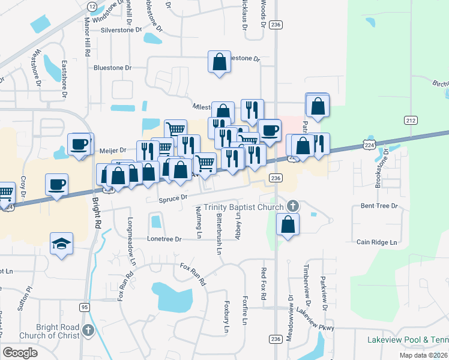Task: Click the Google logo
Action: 20,353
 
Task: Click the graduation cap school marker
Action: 61,244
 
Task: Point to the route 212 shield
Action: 411,120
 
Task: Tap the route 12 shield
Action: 92,6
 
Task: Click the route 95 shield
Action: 83,307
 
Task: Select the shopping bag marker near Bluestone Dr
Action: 220,61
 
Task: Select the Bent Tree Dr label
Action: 379,206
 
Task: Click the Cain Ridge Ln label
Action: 377,242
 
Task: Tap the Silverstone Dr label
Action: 121,29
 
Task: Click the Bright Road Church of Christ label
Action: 49,331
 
